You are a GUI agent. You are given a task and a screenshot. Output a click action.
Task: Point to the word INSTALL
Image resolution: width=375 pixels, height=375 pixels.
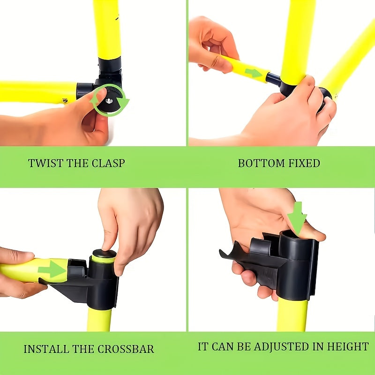tap(46, 349)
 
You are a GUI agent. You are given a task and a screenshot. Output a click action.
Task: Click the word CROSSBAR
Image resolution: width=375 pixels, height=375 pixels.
tap(126, 349)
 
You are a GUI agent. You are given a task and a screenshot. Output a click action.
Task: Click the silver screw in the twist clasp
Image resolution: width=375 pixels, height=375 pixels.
tap(109, 101)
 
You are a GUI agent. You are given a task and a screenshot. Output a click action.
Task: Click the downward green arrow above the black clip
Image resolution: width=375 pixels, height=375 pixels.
tap(297, 217)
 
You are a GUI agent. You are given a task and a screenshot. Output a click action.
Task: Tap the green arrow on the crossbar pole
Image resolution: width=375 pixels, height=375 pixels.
tap(52, 269)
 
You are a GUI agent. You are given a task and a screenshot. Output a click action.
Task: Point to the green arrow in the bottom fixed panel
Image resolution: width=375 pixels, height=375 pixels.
tap(254, 73)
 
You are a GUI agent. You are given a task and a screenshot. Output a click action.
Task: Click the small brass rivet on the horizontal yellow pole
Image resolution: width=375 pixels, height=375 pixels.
tap(65, 101)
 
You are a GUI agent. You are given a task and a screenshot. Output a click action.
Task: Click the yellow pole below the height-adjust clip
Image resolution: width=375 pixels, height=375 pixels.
tap(292, 315)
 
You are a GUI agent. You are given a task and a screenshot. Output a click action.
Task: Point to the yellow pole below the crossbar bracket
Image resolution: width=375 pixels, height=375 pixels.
tap(99, 320)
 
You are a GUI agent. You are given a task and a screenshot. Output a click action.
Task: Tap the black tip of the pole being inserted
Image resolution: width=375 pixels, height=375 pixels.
tap(273, 80)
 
